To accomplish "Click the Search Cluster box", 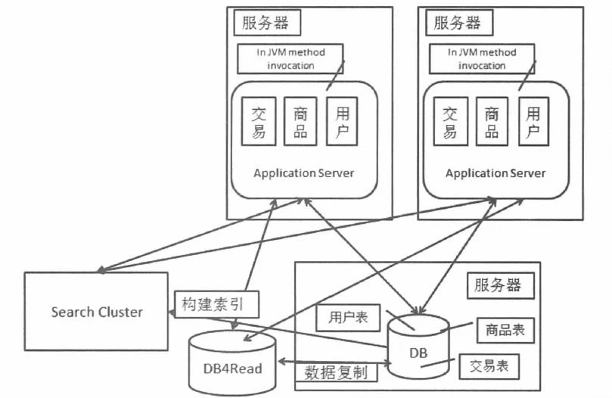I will click(x=97, y=311).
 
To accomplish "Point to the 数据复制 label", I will click(x=336, y=372).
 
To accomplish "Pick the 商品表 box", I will click(x=506, y=330).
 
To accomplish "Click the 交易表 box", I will click(x=489, y=367).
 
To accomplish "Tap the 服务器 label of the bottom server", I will click(x=497, y=285).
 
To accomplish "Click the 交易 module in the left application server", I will click(x=258, y=121).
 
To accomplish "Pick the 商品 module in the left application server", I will click(x=300, y=121).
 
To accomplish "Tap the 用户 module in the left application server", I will click(x=342, y=121).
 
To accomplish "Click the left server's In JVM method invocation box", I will click(x=290, y=58).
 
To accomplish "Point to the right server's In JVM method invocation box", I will click(x=482, y=58).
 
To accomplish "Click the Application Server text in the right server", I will click(x=496, y=173).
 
